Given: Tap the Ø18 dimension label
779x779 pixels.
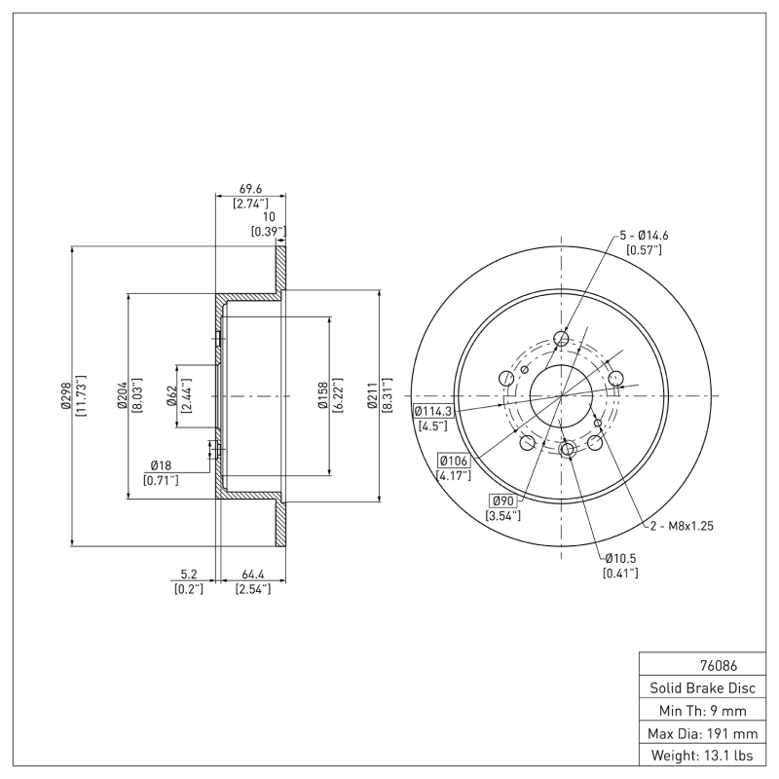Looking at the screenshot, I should (x=162, y=465).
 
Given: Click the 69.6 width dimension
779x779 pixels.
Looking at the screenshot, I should (x=250, y=190).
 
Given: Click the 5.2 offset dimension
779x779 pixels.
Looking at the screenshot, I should (x=189, y=575).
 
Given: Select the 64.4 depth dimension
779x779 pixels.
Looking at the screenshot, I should (x=251, y=575).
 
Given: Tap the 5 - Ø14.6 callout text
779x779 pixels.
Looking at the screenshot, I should (x=644, y=236).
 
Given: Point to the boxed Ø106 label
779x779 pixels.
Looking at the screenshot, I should (x=454, y=461).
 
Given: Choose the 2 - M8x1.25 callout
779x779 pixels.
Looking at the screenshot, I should (x=682, y=526).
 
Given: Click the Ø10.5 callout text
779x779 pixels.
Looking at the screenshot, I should (x=620, y=558).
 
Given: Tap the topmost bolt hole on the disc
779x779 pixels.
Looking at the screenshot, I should (x=561, y=339).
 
